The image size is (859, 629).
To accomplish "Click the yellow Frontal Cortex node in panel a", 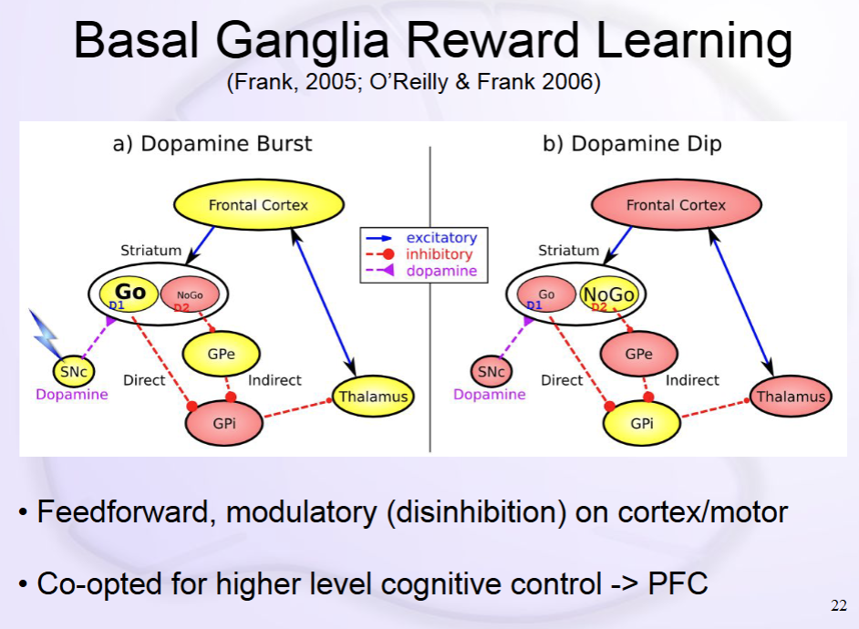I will (x=259, y=205).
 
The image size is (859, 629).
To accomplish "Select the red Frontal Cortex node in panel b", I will (x=676, y=205).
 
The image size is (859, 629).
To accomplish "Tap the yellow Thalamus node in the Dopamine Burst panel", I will (x=372, y=397).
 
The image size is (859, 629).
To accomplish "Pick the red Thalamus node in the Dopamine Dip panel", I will (x=792, y=397).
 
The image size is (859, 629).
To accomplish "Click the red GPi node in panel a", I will (x=224, y=424).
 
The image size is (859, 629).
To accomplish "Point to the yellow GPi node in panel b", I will (x=641, y=424).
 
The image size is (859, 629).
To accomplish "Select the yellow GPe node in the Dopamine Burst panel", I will (x=222, y=354).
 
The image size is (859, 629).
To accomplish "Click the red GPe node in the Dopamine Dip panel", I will (x=638, y=354).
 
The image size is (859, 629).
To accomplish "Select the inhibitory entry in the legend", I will (x=439, y=254).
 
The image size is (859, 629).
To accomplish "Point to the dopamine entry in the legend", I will (x=440, y=271).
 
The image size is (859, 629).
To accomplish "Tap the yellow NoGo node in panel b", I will (x=608, y=294).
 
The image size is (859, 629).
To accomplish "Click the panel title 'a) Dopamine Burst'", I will (x=212, y=144).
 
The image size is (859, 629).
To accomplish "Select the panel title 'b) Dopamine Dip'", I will (x=632, y=144).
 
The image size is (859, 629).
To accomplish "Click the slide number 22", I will (x=839, y=606).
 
